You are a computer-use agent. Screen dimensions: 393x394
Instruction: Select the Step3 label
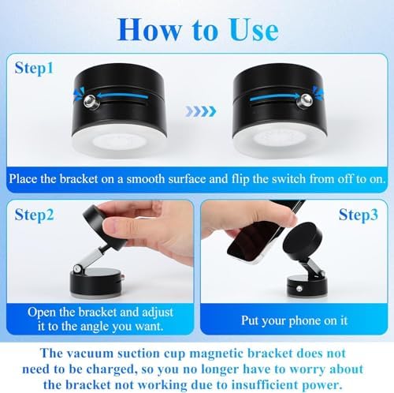coord(359,215)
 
